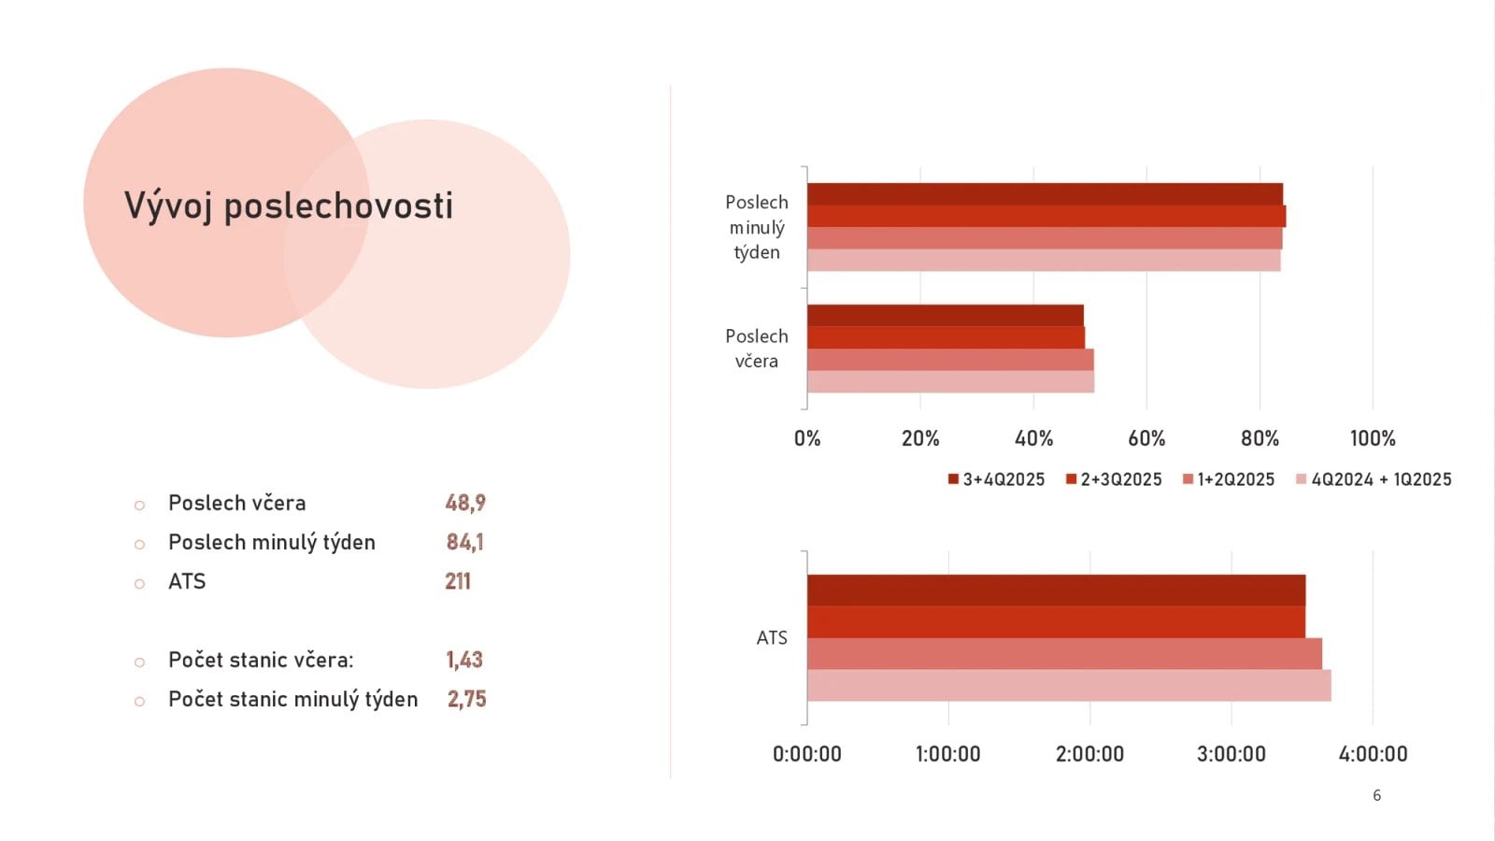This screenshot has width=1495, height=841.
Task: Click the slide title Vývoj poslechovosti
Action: (288, 206)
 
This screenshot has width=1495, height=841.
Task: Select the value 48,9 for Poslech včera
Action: (465, 503)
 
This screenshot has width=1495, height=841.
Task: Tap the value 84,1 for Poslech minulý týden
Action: (464, 542)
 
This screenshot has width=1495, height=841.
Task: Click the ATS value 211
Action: (458, 581)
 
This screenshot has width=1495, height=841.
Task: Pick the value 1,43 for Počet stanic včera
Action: (464, 660)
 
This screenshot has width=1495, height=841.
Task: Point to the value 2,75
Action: (466, 699)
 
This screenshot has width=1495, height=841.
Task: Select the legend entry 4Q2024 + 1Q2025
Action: (1374, 479)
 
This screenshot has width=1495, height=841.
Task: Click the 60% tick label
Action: (1146, 438)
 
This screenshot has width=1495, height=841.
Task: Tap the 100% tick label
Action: (1372, 438)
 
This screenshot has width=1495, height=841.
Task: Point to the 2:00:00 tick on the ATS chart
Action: (1089, 754)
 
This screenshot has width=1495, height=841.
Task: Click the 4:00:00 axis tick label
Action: (1372, 754)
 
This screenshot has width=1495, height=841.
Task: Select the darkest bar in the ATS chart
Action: (1056, 591)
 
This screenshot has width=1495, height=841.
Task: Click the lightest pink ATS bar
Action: (1068, 685)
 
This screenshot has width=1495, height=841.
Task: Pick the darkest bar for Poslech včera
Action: (945, 316)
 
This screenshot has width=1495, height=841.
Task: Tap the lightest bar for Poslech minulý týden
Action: (1043, 261)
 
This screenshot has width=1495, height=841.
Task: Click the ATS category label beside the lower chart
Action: (772, 637)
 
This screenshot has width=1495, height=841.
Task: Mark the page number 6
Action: (1376, 795)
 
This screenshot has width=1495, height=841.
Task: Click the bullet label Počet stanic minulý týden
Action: (292, 699)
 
